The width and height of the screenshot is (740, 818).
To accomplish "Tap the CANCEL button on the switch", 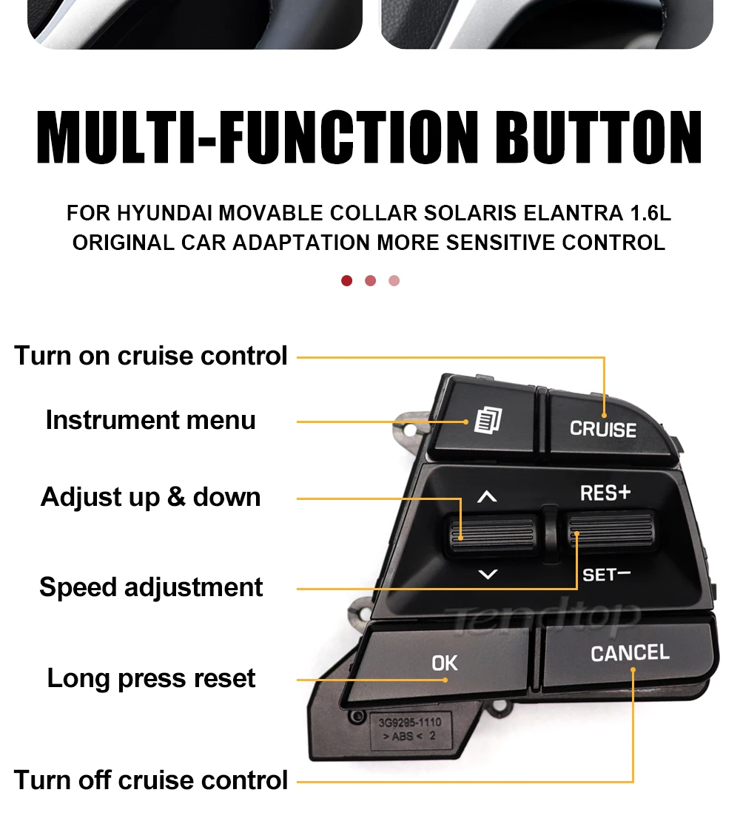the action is pyautogui.click(x=629, y=653).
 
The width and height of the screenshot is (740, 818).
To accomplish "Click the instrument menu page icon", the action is pyautogui.click(x=487, y=421).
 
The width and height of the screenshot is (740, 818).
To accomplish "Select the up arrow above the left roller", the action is pyautogui.click(x=487, y=497).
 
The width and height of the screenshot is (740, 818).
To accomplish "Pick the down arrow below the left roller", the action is pyautogui.click(x=488, y=574).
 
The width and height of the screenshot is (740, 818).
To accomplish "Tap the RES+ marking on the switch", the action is pyautogui.click(x=605, y=493).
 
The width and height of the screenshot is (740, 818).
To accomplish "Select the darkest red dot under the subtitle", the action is pyautogui.click(x=346, y=281).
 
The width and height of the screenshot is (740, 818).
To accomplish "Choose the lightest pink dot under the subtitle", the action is pyautogui.click(x=394, y=281).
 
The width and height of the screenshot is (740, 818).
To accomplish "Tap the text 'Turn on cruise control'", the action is pyautogui.click(x=150, y=356).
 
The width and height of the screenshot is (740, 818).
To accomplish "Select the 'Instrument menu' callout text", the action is pyautogui.click(x=150, y=420).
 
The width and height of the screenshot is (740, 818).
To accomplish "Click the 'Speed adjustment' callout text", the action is pyautogui.click(x=150, y=587).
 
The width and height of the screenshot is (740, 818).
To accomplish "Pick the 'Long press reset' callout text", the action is pyautogui.click(x=151, y=678).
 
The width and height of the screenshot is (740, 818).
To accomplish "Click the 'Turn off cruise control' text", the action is pyautogui.click(x=150, y=780).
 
